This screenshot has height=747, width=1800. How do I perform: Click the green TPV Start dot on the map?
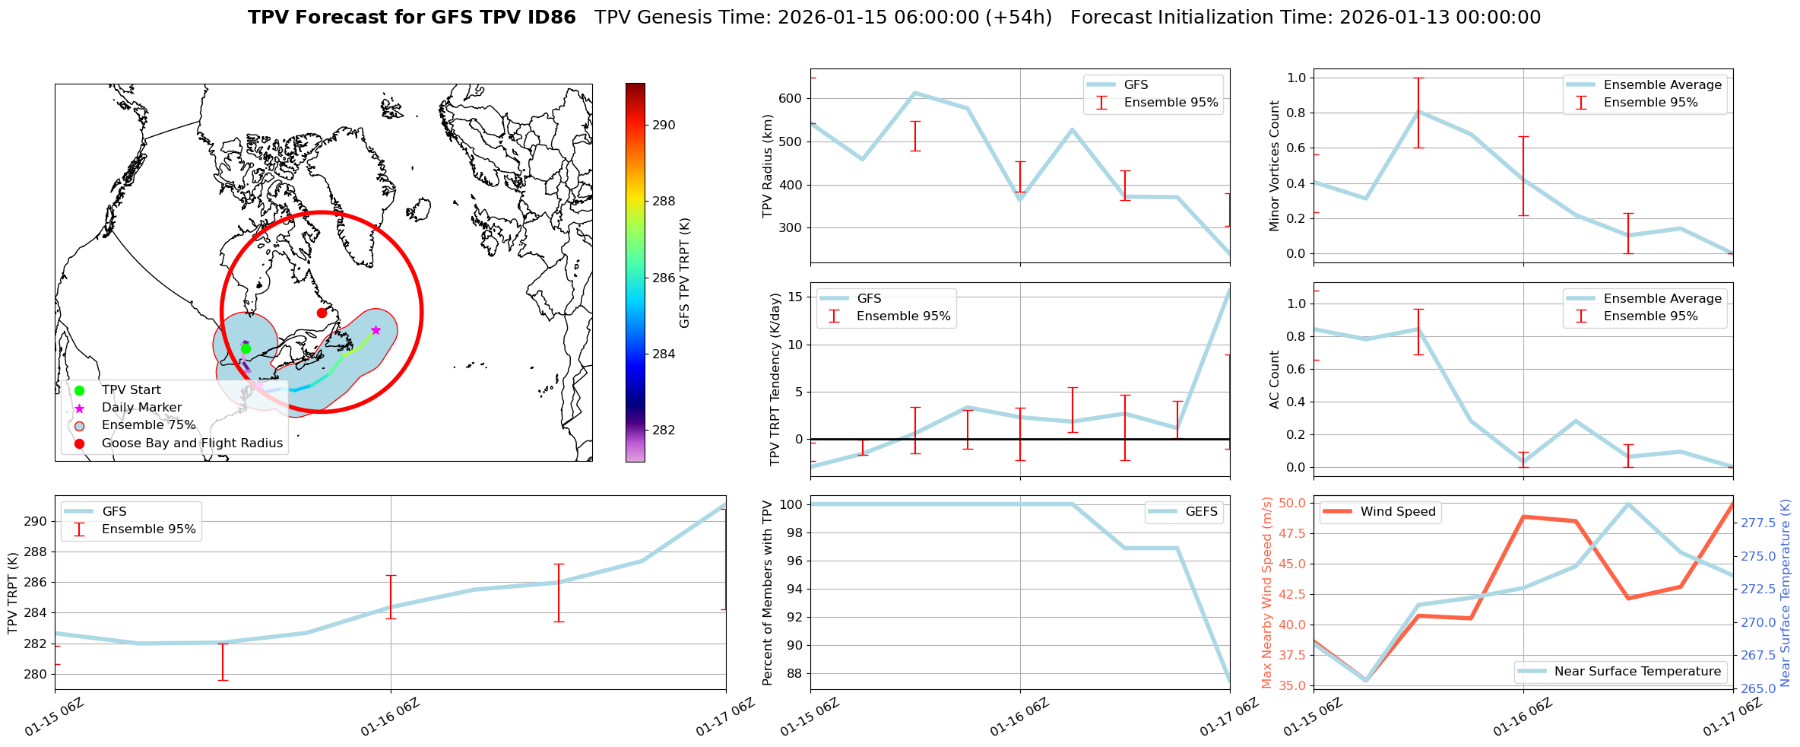coord(246,349)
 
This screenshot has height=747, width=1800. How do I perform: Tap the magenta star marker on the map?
coord(376,330)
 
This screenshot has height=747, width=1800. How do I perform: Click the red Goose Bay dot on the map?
coord(322,313)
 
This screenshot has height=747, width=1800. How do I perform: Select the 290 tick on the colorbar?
coord(664,126)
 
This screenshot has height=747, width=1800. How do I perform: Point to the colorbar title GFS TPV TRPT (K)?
coord(685,273)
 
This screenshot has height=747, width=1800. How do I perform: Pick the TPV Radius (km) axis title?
coord(768,166)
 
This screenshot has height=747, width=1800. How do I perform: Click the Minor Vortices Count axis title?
coord(1275,166)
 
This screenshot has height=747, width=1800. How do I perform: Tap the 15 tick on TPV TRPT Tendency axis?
coord(796,297)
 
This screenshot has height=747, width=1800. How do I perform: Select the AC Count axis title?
coord(1275,380)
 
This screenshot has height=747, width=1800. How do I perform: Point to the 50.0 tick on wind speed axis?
coord(1292,503)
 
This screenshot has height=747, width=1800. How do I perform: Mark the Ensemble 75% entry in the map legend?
coord(148,425)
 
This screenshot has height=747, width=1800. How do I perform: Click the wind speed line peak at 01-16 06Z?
coord(1523,517)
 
